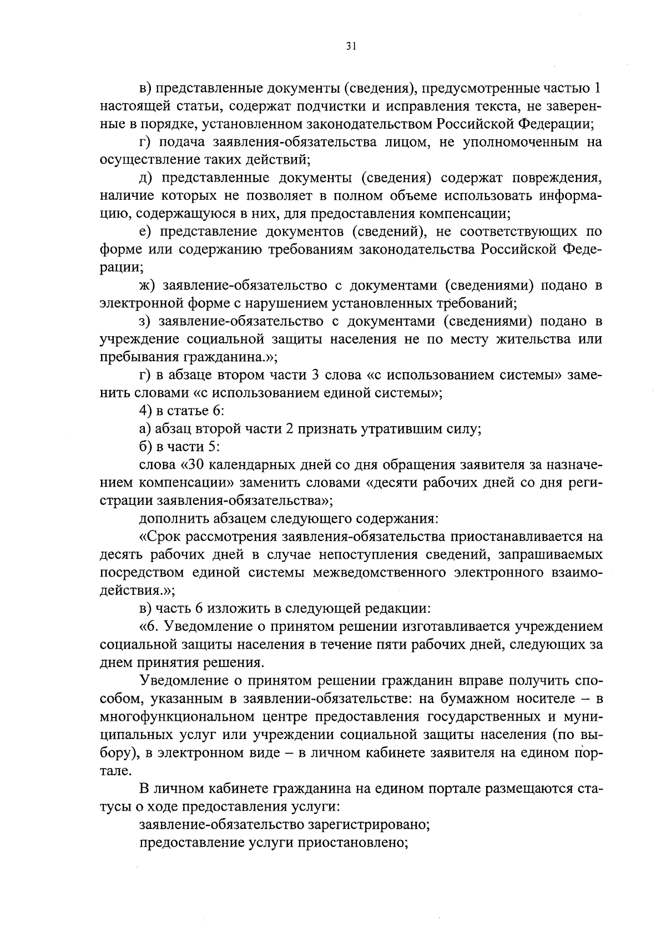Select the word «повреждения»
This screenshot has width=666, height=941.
point(552,178)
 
